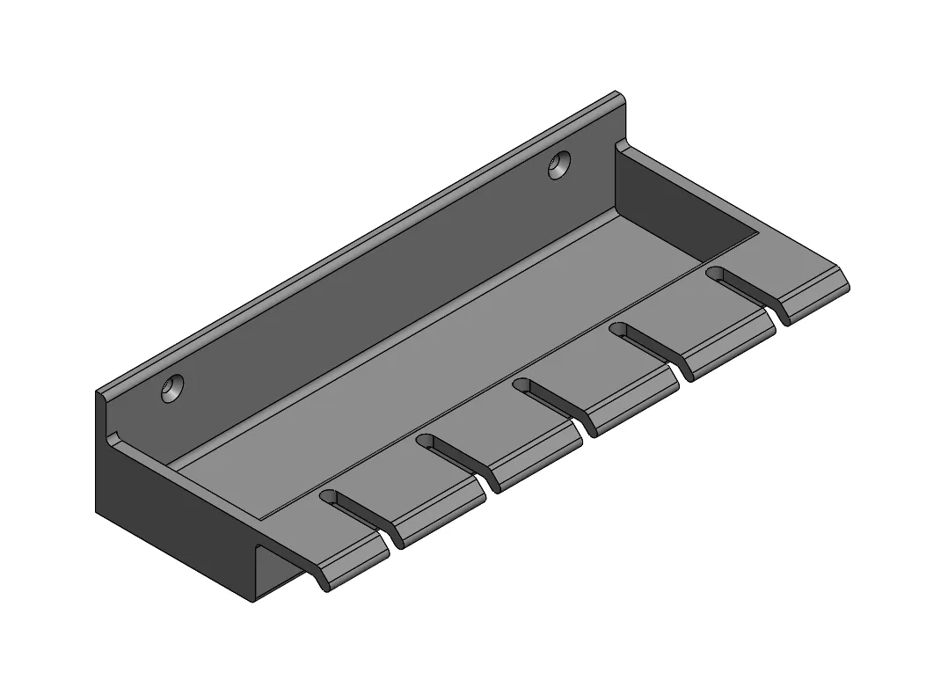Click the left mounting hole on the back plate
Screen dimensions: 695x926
[172, 387]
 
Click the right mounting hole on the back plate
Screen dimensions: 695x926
[559, 165]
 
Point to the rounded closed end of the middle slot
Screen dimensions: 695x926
[521, 384]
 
